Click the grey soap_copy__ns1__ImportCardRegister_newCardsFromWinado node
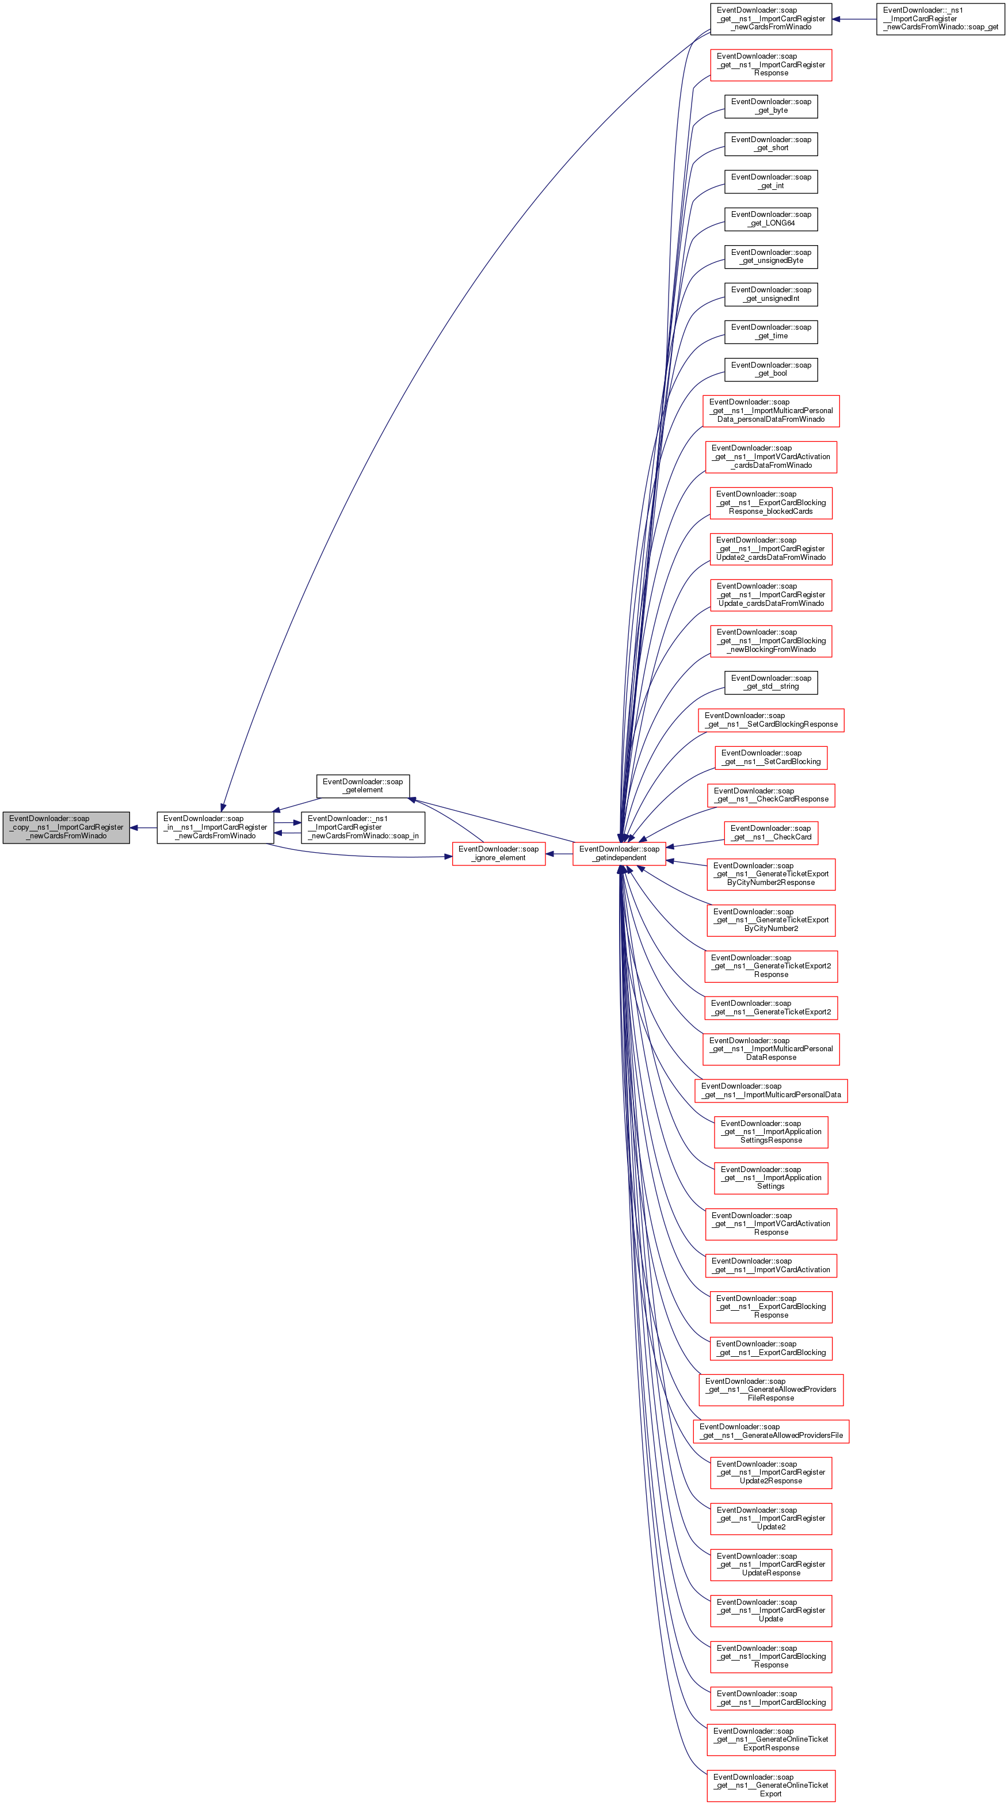pyautogui.click(x=66, y=827)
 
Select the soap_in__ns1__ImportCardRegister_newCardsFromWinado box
pyautogui.click(x=215, y=827)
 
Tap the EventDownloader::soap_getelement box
pyautogui.click(x=363, y=786)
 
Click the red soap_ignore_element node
pyautogui.click(x=498, y=853)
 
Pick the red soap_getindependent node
pyautogui.click(x=619, y=853)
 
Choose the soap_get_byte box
pyautogui.click(x=770, y=106)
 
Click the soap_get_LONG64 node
pyautogui.click(x=770, y=219)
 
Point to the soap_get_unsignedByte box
pyautogui.click(x=770, y=257)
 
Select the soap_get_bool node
pyautogui.click(x=770, y=369)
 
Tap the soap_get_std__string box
pyautogui.click(x=770, y=682)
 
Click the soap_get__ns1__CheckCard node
pyautogui.click(x=770, y=833)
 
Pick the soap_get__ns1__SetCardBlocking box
pyautogui.click(x=770, y=757)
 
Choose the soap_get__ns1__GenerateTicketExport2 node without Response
pyautogui.click(x=770, y=1008)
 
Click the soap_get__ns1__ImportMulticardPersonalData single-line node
pyautogui.click(x=770, y=1090)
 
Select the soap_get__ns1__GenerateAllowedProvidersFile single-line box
pyautogui.click(x=770, y=1431)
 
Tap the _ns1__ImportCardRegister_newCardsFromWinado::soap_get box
pyautogui.click(x=940, y=19)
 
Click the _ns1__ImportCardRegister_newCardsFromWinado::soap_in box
pyautogui.click(x=363, y=827)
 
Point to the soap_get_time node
pyautogui.click(x=770, y=331)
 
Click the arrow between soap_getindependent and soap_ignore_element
pyautogui.click(x=559, y=853)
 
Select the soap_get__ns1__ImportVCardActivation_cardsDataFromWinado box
pyautogui.click(x=770, y=457)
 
